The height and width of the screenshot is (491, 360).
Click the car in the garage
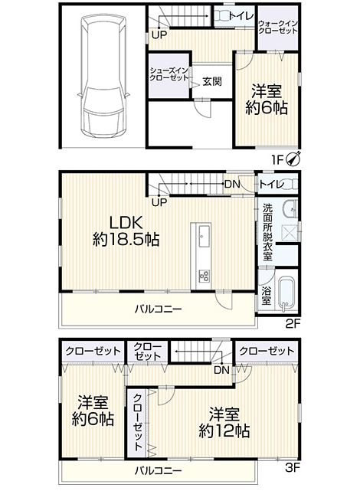(x=103, y=77)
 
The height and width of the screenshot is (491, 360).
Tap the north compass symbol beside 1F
(x=294, y=159)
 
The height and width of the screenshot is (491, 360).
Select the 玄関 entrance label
(x=212, y=81)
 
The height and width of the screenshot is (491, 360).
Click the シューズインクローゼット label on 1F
(x=169, y=74)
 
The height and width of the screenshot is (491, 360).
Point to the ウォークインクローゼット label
(x=278, y=28)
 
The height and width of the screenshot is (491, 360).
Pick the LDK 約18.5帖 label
(x=126, y=231)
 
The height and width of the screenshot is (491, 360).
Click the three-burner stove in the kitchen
(x=204, y=276)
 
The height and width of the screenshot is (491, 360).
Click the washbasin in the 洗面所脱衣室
(x=290, y=207)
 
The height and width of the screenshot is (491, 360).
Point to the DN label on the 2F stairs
(x=232, y=185)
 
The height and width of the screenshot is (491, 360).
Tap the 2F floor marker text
(x=293, y=322)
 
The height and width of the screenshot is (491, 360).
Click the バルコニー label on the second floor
(x=159, y=309)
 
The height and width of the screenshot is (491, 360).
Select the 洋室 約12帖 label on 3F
(x=224, y=422)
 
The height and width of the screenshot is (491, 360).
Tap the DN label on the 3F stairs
(x=221, y=370)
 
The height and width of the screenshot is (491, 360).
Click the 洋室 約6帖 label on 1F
(x=267, y=100)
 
